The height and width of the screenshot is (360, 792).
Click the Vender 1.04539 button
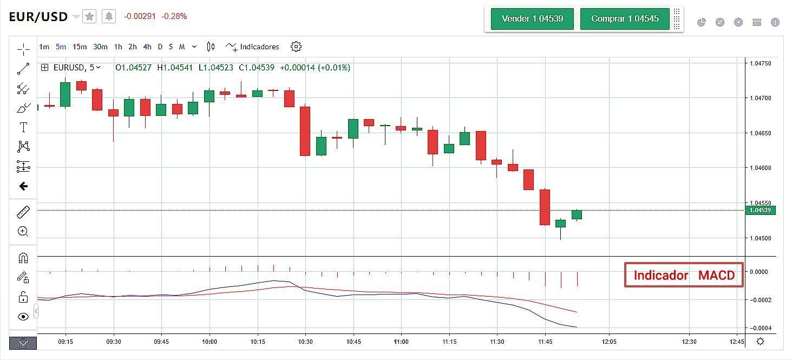532,19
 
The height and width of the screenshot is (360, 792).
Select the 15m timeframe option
80,47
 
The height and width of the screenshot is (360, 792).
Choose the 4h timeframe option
147,47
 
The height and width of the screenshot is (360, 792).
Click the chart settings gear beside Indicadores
296,47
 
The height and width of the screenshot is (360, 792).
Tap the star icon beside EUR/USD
90,17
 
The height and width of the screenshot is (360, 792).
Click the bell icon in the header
109,17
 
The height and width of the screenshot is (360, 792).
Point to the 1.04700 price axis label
760,98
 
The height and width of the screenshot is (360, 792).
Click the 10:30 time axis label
305,342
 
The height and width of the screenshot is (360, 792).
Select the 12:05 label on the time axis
609,342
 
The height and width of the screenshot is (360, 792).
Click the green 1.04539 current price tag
760,210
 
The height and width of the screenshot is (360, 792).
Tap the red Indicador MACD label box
684,275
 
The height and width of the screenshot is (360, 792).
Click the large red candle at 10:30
305,131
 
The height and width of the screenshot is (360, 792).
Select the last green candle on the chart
577,214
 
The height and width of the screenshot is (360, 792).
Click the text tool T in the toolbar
23,127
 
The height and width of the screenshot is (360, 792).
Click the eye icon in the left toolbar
23,317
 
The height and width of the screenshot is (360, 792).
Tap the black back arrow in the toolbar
23,186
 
